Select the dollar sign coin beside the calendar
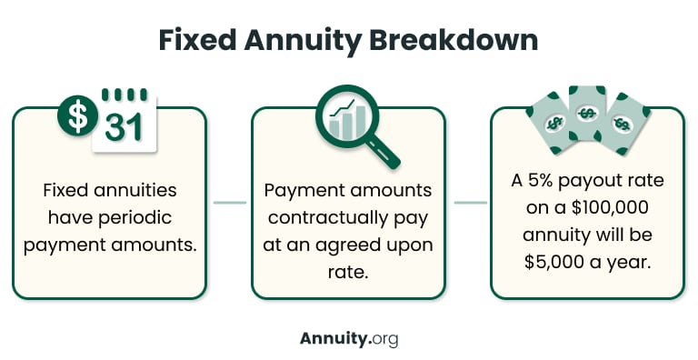tap(79, 115)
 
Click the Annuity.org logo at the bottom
tap(349, 338)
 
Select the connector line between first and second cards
tap(229, 203)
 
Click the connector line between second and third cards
tap(469, 203)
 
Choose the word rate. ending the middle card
tap(348, 270)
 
